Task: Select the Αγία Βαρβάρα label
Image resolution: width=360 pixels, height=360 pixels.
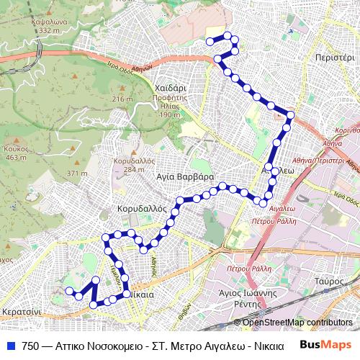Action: (x=185, y=176)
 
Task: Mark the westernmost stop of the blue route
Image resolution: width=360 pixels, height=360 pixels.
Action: (x=70, y=291)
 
